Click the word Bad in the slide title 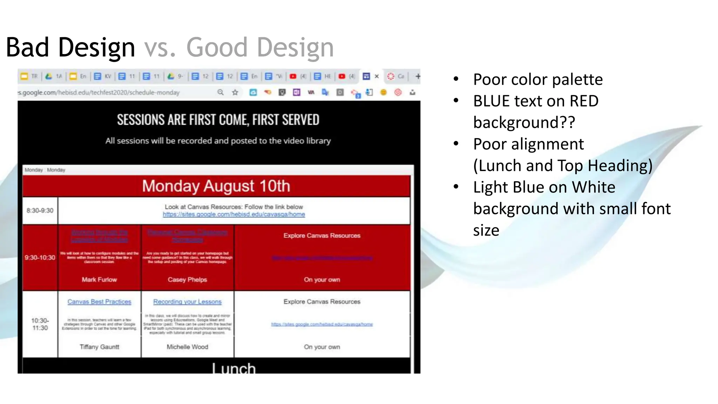point(27,48)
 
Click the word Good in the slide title point(217,48)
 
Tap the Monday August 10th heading point(216,186)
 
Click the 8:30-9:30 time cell point(40,210)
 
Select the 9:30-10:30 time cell point(40,257)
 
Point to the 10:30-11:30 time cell point(40,324)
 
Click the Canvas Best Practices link point(99,302)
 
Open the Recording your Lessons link point(187,302)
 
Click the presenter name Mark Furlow point(99,280)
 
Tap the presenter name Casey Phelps point(187,280)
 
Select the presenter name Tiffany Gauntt point(99,347)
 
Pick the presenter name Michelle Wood point(187,347)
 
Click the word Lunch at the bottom point(234,368)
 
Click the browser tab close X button point(377,76)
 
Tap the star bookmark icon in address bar point(235,92)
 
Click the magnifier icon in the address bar point(221,92)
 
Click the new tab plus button point(418,76)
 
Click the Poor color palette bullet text point(538,80)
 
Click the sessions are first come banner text point(218,120)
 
